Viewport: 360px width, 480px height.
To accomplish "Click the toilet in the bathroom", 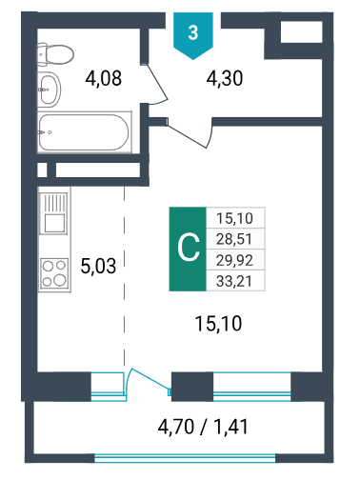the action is pyautogui.click(x=55, y=54).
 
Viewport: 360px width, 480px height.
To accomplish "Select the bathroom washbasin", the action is pyautogui.click(x=50, y=90).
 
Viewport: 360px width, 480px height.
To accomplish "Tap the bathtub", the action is pyautogui.click(x=85, y=132).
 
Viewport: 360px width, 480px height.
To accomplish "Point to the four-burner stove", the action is pyautogui.click(x=54, y=273).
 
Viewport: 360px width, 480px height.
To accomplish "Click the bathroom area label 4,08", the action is pyautogui.click(x=104, y=78).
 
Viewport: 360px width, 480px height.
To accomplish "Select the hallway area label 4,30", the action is pyautogui.click(x=225, y=78).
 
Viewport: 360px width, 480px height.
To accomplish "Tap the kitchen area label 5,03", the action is pyautogui.click(x=98, y=266).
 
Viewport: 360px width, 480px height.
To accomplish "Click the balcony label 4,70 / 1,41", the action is pyautogui.click(x=203, y=427).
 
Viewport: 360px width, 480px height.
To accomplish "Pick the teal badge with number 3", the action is pyautogui.click(x=193, y=35).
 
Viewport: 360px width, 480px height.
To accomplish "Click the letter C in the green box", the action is pyautogui.click(x=188, y=249).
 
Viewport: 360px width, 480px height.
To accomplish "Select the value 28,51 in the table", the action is pyautogui.click(x=234, y=239).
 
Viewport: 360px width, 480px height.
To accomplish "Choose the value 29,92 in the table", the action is pyautogui.click(x=234, y=260).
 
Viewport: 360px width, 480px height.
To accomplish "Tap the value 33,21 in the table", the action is pyautogui.click(x=234, y=281).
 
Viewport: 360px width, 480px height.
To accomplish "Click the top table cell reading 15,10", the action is pyautogui.click(x=234, y=218).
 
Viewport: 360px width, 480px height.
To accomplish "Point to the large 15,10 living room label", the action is pyautogui.click(x=218, y=324).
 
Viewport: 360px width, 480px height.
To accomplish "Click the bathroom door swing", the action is pyautogui.click(x=158, y=83).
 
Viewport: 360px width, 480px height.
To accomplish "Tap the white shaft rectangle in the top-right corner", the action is pyautogui.click(x=302, y=31).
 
